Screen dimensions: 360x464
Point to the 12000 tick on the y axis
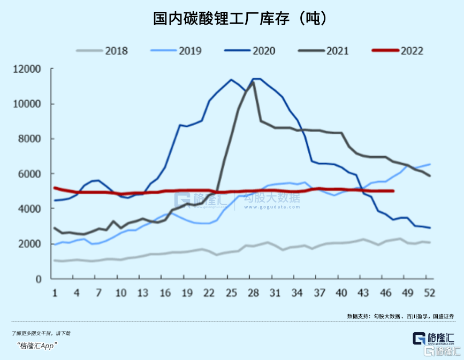click(x=28, y=70)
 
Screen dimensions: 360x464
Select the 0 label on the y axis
click(x=39, y=279)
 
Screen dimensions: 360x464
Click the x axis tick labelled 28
click(x=253, y=293)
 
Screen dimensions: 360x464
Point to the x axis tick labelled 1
click(x=55, y=293)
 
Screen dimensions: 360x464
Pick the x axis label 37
click(x=319, y=293)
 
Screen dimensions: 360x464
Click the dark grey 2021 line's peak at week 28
click(x=253, y=82)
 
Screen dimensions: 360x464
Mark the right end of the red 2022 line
click(x=393, y=191)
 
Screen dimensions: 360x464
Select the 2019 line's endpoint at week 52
click(x=430, y=164)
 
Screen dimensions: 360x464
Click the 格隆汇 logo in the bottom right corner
click(x=433, y=339)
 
